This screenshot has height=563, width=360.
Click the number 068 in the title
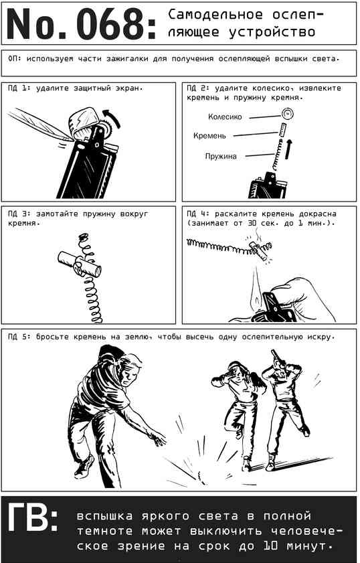point(111,23)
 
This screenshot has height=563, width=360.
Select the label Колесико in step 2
point(225,116)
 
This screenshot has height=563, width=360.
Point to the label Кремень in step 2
point(209,136)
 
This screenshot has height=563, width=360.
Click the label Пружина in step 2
point(221,156)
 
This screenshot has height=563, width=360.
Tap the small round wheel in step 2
point(288,114)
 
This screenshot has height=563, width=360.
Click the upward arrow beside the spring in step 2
point(288,149)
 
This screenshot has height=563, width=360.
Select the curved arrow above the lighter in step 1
point(112,118)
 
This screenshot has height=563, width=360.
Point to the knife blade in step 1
point(40,124)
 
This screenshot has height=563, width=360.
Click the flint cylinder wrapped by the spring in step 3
point(80,264)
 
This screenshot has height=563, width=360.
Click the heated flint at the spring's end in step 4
point(258,250)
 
